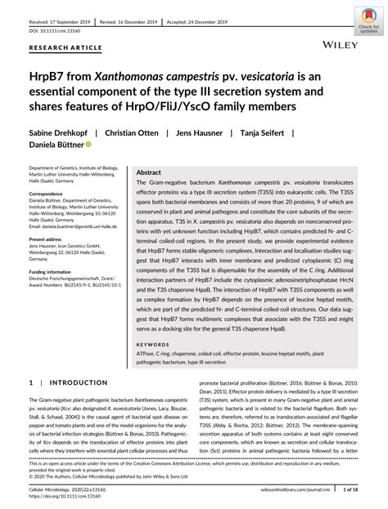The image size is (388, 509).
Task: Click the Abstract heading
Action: (x=148, y=174)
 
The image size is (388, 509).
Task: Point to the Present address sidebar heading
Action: (x=48, y=240)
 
